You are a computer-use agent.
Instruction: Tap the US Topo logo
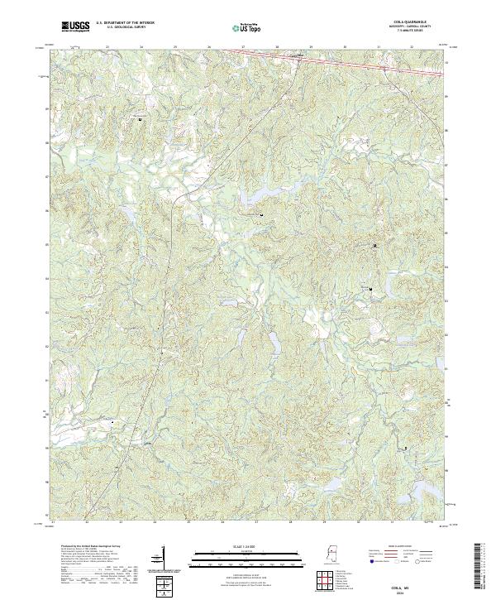coord(249,28)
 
